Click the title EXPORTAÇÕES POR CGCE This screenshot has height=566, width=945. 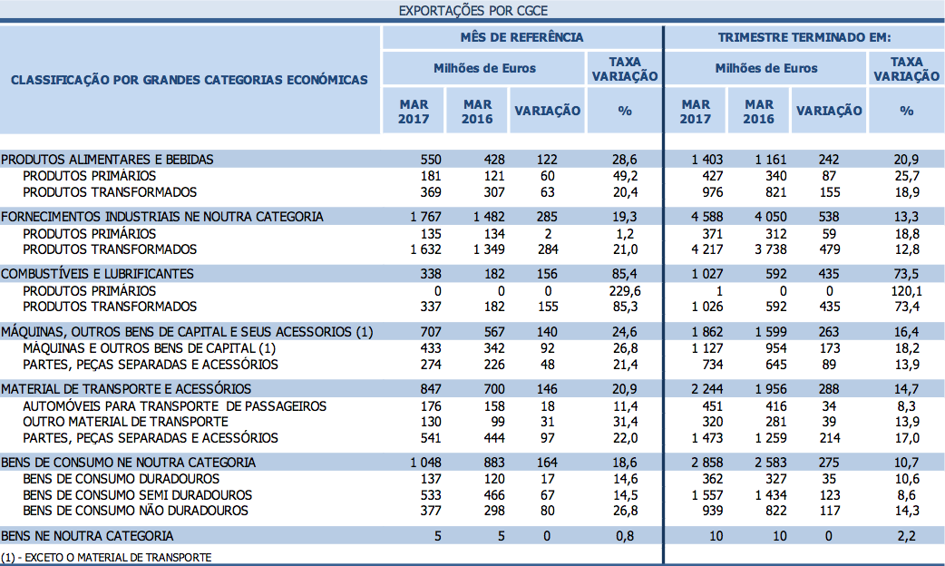click(x=472, y=11)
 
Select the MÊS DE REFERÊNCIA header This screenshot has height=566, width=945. click(x=521, y=37)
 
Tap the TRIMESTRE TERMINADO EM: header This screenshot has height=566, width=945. click(x=804, y=37)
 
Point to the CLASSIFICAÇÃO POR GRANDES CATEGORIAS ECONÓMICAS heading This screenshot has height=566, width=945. click(x=190, y=79)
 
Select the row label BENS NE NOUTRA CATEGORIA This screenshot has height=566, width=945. click(x=87, y=535)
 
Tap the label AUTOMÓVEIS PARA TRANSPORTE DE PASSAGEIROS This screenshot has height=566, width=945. click(x=174, y=405)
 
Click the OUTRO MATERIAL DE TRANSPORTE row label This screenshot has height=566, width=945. click(x=125, y=422)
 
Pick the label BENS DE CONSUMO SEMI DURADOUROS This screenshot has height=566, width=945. click(x=137, y=494)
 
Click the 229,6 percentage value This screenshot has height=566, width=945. click(x=625, y=290)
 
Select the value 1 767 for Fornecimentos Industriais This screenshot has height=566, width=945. click(x=425, y=216)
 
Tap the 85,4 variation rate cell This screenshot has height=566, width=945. click(x=625, y=273)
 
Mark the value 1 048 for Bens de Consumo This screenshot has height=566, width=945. click(x=425, y=462)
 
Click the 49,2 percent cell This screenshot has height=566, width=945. click(x=625, y=175)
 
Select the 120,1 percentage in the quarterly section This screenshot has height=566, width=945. click(x=906, y=290)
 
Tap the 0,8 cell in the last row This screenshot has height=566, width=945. click(x=625, y=535)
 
